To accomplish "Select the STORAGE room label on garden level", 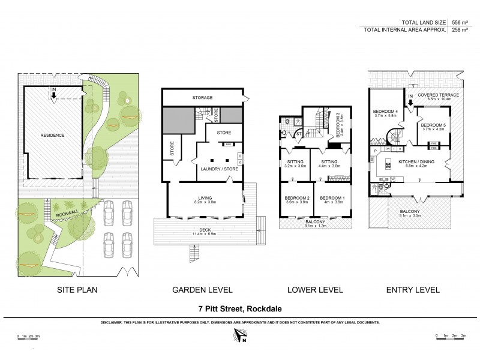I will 203,97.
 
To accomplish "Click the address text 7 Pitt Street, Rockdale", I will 239,310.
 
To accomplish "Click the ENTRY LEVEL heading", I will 413,290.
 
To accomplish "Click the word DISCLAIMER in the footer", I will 115,322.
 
